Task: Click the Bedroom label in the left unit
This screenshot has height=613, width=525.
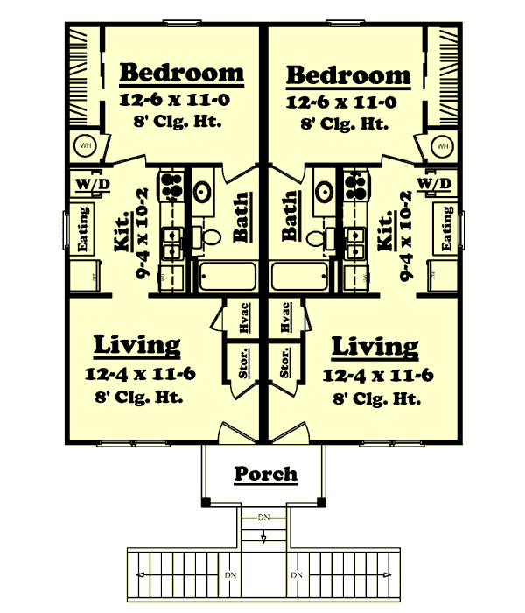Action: coord(181,73)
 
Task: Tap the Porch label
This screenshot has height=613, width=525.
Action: coord(265,474)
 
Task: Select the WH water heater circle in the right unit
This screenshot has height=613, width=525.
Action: coord(443,144)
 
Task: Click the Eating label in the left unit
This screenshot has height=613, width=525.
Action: coord(85,229)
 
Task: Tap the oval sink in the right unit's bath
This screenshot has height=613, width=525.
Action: coord(323,193)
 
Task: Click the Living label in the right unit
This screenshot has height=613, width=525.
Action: coord(374,346)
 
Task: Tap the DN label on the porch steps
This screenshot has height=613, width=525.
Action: coord(263,518)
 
